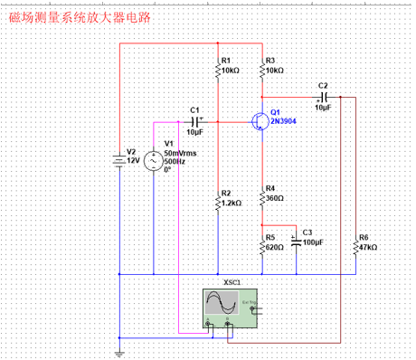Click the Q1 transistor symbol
click(x=260, y=121)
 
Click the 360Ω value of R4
click(x=274, y=197)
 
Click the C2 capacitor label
click(x=323, y=85)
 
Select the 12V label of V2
click(x=133, y=160)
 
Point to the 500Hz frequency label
click(x=175, y=161)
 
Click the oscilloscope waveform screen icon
click(x=222, y=303)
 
